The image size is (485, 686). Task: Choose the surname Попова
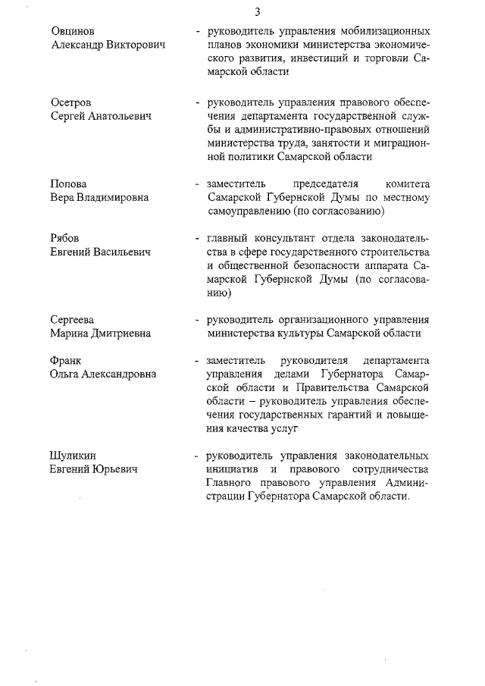[68, 184]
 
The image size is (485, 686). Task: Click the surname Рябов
[65, 239]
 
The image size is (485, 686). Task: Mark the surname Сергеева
[74, 319]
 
